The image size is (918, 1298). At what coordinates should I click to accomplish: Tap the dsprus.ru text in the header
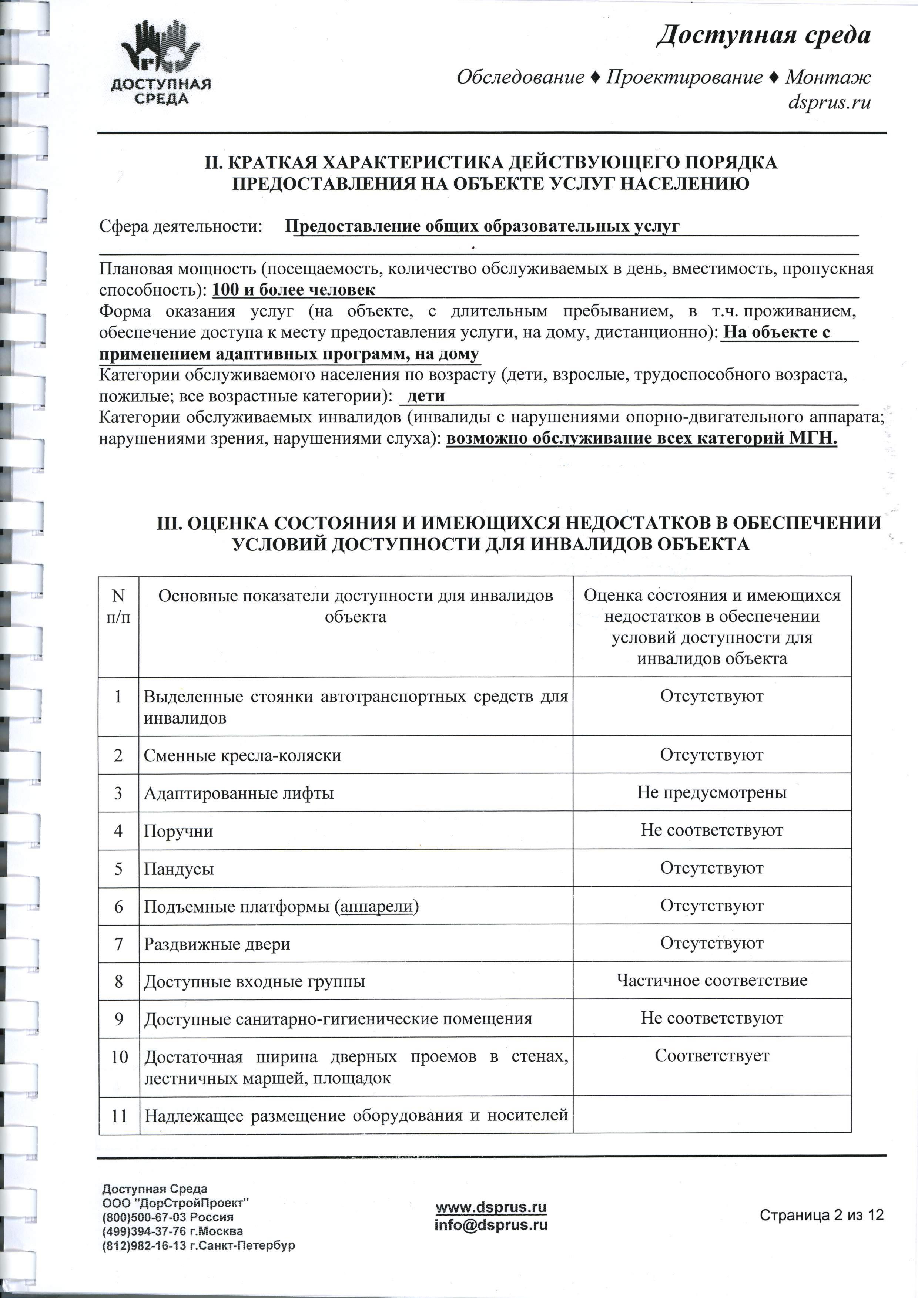829,103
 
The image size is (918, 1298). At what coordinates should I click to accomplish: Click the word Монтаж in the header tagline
828,77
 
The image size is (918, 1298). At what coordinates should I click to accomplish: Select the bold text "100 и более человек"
294,290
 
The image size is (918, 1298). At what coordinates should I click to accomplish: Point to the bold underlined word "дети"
426,396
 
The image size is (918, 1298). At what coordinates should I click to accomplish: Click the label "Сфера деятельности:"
181,227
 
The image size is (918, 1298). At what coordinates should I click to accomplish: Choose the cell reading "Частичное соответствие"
711,980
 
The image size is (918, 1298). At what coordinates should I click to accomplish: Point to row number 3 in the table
118,793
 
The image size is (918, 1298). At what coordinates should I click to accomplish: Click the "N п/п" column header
118,606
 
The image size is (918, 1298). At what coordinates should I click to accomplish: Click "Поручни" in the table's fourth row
178,831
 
